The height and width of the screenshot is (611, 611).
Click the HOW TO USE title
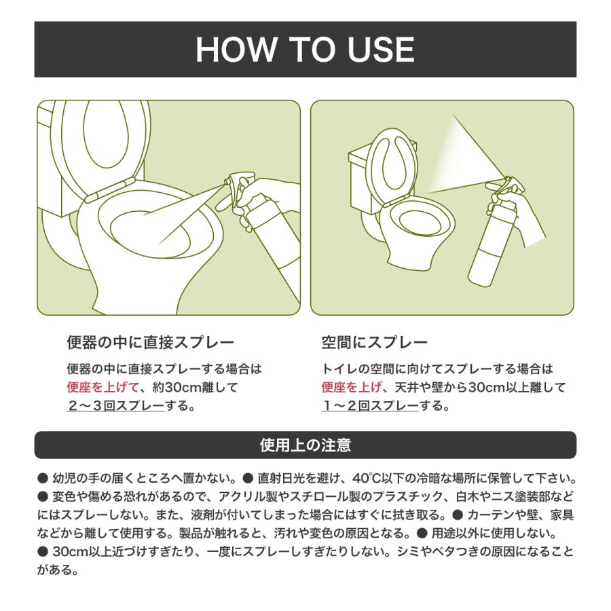point(305,50)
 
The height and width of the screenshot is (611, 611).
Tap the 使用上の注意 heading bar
point(305,445)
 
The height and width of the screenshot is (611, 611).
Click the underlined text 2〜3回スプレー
point(115,407)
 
